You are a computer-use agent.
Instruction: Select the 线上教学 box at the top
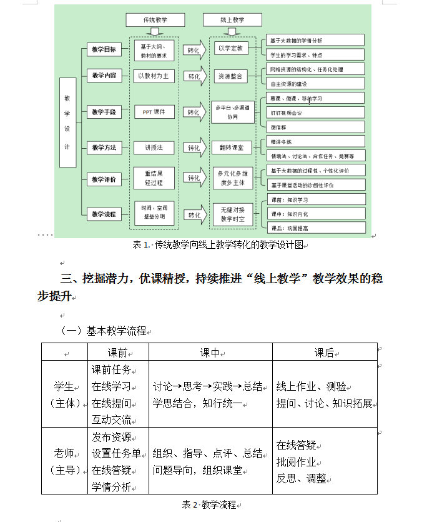232,20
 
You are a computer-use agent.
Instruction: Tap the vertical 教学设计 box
67,123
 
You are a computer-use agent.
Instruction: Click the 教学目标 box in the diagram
104,48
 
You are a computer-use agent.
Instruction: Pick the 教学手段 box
104,112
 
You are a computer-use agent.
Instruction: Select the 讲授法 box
154,148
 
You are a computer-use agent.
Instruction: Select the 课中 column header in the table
210,353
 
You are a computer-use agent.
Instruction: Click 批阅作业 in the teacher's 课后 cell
297,462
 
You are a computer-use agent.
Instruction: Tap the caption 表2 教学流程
209,504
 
